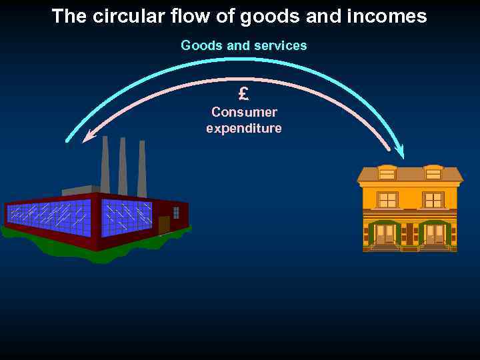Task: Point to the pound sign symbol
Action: click(x=243, y=93)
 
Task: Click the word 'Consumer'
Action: click(x=244, y=112)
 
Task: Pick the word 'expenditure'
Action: click(x=244, y=128)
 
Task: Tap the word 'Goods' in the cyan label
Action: click(x=199, y=45)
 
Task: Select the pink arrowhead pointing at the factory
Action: click(x=87, y=137)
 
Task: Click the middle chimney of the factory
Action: click(x=123, y=167)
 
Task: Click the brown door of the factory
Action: click(x=163, y=225)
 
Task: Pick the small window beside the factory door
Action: click(x=176, y=213)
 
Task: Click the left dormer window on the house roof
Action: click(x=387, y=173)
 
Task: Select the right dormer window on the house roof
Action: click(x=433, y=173)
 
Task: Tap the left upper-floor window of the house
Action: click(x=387, y=199)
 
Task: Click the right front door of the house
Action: click(x=435, y=234)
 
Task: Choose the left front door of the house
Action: click(x=385, y=234)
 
